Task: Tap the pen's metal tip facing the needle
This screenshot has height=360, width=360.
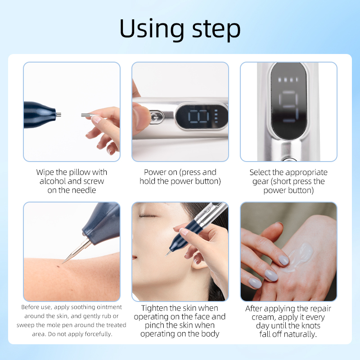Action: point(58,115)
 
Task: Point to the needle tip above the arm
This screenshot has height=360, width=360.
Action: point(63,262)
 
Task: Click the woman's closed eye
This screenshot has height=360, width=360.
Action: point(146,215)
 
